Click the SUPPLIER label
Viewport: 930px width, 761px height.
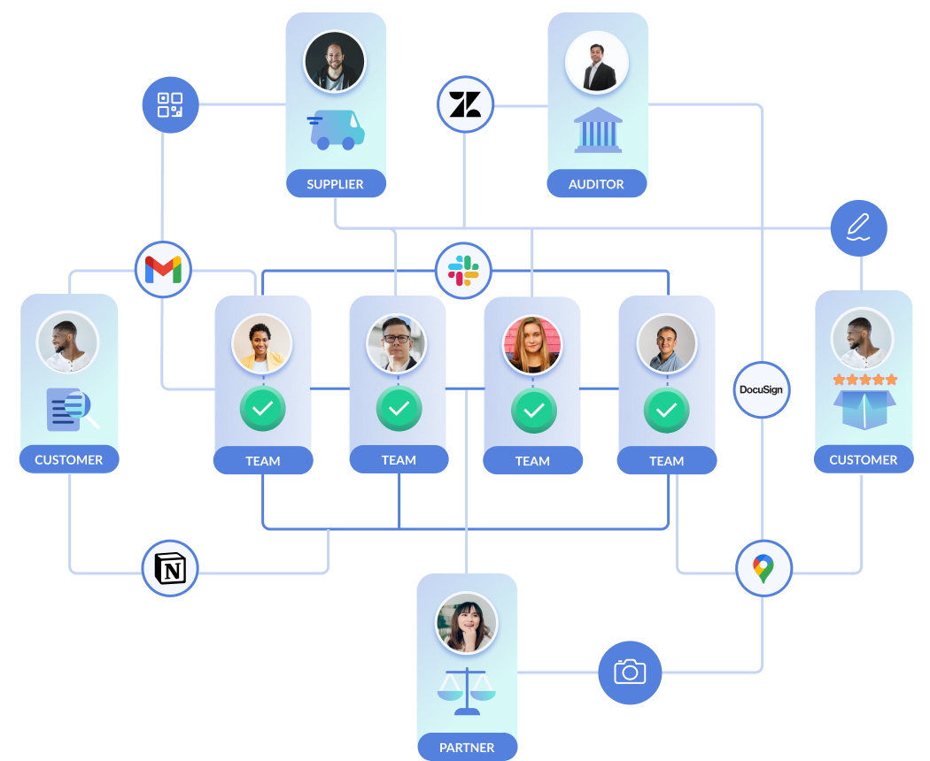[335, 184]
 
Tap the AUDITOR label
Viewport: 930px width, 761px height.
[596, 184]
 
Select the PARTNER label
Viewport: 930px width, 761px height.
[467, 748]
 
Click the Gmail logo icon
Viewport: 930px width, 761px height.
[163, 269]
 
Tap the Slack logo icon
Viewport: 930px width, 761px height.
[462, 270]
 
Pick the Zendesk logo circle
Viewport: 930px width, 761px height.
[465, 105]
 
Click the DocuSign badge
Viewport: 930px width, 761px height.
[761, 389]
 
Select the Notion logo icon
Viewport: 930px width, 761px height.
[170, 568]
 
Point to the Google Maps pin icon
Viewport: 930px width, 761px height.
[763, 568]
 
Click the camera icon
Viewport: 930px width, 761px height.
[630, 672]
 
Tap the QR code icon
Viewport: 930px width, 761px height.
[169, 104]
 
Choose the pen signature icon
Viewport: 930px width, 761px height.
[856, 227]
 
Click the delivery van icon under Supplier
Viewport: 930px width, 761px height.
[336, 130]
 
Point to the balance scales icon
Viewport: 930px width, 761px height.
[467, 691]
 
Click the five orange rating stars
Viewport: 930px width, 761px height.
[864, 380]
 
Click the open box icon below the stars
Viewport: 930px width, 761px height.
[864, 411]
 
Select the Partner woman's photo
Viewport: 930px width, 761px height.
[467, 622]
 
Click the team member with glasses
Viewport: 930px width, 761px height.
[397, 343]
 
